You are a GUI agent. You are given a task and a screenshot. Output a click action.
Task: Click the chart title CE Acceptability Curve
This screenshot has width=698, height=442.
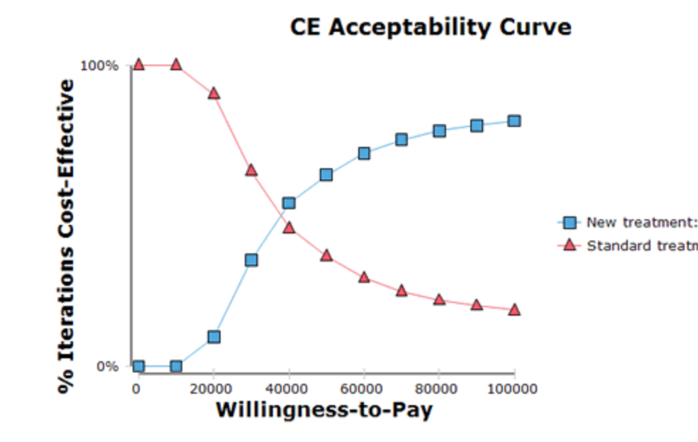(x=431, y=27)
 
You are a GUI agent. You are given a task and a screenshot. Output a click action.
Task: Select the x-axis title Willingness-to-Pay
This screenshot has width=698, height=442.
(x=323, y=409)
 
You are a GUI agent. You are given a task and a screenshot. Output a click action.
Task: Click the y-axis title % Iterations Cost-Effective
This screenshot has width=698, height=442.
(x=66, y=236)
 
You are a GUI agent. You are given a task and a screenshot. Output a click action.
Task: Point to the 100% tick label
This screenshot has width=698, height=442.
(x=100, y=66)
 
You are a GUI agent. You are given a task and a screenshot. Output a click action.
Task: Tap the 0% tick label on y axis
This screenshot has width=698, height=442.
(x=107, y=367)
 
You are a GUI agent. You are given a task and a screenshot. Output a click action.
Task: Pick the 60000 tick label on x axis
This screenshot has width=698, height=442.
(x=363, y=388)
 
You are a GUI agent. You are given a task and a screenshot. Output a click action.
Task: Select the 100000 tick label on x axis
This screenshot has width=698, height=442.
(x=514, y=388)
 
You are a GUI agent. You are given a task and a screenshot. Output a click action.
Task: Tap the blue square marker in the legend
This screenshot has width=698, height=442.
(x=570, y=223)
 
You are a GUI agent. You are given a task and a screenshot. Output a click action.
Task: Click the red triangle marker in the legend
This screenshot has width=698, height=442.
(x=570, y=245)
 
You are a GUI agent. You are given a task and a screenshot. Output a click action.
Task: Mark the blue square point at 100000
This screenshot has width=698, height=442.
(x=514, y=121)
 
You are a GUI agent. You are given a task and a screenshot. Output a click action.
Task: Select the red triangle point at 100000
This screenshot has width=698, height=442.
(x=514, y=310)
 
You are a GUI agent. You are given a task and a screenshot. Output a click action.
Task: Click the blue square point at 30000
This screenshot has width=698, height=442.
(x=251, y=260)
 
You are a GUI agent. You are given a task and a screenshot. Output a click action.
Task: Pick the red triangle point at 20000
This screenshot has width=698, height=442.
(x=214, y=94)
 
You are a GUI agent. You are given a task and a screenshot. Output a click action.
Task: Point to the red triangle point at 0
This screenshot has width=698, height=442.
(x=138, y=65)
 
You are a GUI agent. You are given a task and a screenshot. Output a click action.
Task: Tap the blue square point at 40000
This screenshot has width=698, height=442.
(x=289, y=203)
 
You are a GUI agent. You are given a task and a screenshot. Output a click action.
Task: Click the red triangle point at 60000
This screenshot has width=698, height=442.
(x=364, y=277)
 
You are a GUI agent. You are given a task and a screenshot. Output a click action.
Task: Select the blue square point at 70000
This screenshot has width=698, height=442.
(x=401, y=140)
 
